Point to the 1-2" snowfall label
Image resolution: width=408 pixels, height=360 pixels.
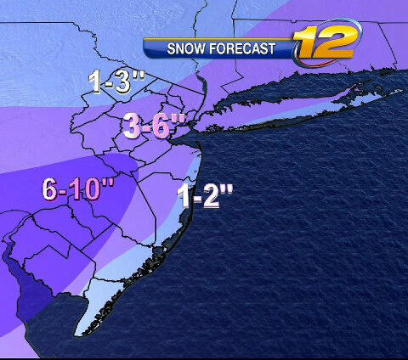[x=204, y=198]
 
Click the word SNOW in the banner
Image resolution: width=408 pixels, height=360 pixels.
[x=186, y=48]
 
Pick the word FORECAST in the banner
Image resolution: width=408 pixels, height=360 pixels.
[x=246, y=48]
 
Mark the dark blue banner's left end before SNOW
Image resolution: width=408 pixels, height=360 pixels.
[x=149, y=48]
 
